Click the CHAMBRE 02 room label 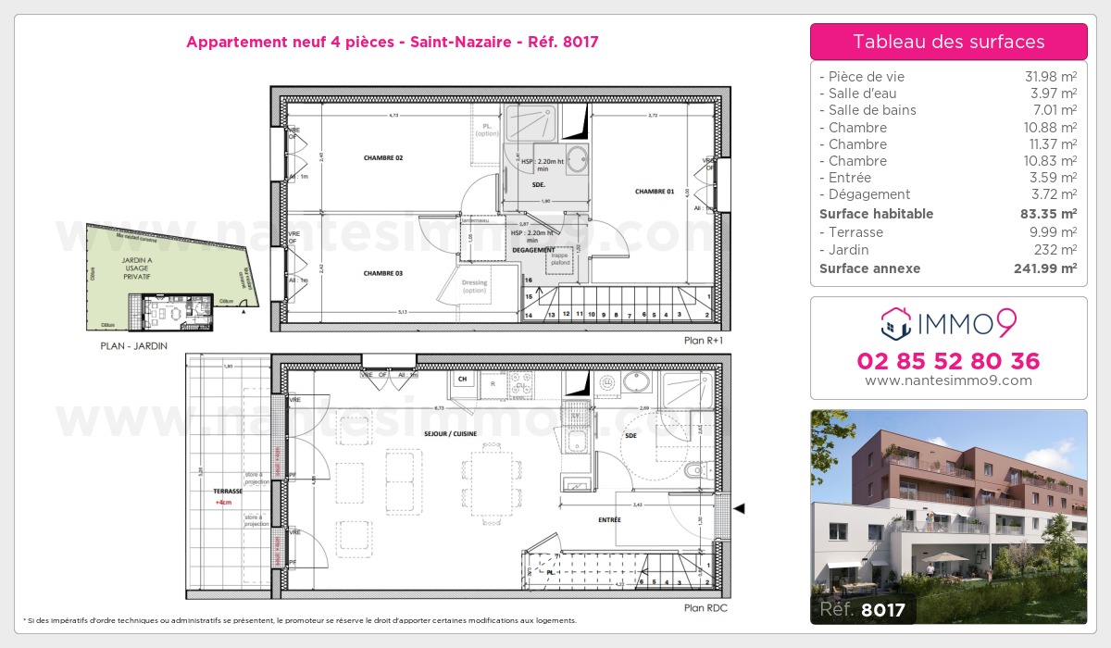coord(383,158)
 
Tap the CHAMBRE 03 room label coord(383,273)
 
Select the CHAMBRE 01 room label coord(655,192)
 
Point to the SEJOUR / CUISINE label coord(451,432)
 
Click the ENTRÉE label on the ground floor coord(608,520)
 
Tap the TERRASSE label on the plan coord(227,492)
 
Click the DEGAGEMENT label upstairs coord(533,250)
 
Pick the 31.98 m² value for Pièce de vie coord(1055,77)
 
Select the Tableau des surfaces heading coord(948,42)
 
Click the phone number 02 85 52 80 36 coord(948,361)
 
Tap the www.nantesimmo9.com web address coord(948,380)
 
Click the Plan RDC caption coord(706,608)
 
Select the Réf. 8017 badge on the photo coord(862,609)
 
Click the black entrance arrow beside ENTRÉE coord(739,507)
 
